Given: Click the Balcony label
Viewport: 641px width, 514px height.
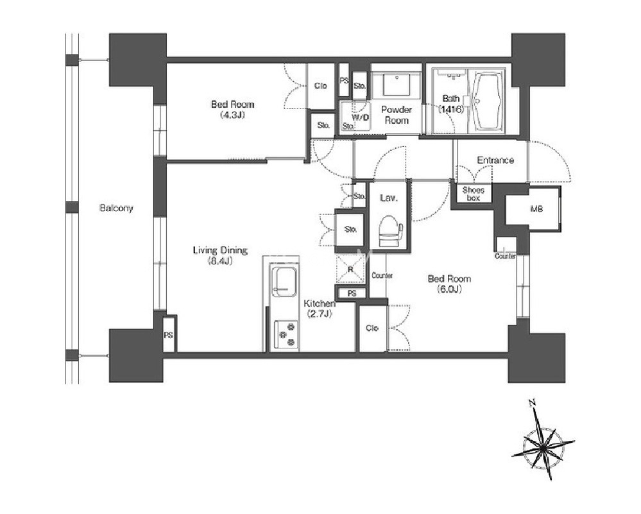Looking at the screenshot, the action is click(x=117, y=208).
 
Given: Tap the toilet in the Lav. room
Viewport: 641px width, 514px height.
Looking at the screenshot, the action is click(x=390, y=232).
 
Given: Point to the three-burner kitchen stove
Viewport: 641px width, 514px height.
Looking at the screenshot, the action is click(x=286, y=334).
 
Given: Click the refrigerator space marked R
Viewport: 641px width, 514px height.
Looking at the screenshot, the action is click(x=350, y=269).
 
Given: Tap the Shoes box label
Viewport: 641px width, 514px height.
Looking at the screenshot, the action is click(x=474, y=194).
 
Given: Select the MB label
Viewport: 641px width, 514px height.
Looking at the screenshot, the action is click(x=536, y=209).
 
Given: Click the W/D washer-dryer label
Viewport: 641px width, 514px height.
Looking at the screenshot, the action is click(x=360, y=117).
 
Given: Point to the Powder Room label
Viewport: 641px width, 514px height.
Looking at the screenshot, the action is click(x=396, y=115).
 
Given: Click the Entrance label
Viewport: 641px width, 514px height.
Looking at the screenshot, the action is click(x=495, y=160).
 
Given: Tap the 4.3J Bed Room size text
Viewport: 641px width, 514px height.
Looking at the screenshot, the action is click(x=232, y=115).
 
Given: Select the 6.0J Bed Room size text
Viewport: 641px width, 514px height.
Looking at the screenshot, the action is click(x=449, y=289).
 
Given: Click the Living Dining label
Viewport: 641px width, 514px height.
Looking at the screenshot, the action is click(x=220, y=250).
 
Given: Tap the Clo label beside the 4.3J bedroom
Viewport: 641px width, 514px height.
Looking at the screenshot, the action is click(x=321, y=86).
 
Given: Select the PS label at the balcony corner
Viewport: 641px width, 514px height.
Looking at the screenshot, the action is click(x=168, y=336).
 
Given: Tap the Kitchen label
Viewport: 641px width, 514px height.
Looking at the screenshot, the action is click(x=320, y=304).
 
